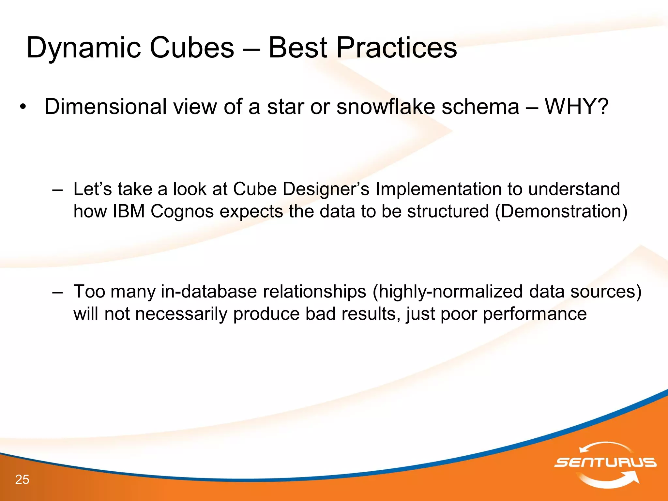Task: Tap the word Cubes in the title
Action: click(192, 48)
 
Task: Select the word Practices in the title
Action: click(396, 48)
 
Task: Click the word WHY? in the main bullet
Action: click(576, 107)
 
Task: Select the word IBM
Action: click(129, 211)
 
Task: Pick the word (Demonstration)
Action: click(561, 211)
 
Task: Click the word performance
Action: click(535, 314)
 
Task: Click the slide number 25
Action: click(22, 479)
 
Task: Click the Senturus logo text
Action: click(605, 462)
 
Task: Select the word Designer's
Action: click(326, 190)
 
